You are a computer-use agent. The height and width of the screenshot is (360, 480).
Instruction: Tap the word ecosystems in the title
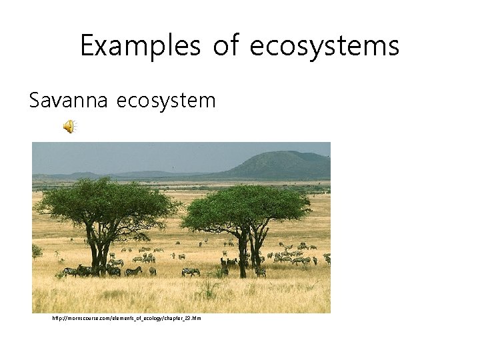tap(325, 46)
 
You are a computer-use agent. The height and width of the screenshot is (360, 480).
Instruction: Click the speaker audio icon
tap(69, 126)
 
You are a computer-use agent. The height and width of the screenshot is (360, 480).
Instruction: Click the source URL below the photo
tap(127, 319)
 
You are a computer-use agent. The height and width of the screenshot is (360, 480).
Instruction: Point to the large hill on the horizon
tap(280, 165)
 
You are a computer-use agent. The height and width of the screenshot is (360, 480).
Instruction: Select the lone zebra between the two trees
tap(191, 271)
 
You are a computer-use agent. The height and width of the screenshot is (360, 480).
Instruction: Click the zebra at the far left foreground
tap(69, 271)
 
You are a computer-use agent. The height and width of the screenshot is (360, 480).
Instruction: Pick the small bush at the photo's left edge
tap(36, 251)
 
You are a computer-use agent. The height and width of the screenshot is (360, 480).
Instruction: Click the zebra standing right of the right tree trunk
tap(260, 271)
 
